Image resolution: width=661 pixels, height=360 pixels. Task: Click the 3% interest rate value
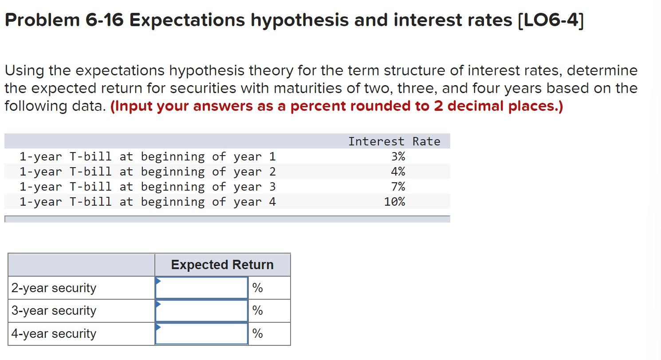(x=398, y=157)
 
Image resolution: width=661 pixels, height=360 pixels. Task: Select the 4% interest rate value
(x=398, y=172)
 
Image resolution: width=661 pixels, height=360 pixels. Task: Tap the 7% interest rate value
(x=398, y=187)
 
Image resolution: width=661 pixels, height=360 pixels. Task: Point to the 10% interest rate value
(x=394, y=202)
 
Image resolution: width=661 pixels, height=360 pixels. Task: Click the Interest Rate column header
(x=394, y=141)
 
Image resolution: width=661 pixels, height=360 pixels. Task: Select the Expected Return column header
(x=222, y=265)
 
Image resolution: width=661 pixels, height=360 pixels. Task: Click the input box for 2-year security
(x=201, y=288)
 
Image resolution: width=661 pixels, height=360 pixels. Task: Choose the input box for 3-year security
(x=201, y=311)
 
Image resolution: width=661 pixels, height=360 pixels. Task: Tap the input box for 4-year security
(x=201, y=334)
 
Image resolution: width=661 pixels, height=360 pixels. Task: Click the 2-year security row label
(x=54, y=288)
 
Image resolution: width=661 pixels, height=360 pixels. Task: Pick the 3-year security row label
(x=54, y=311)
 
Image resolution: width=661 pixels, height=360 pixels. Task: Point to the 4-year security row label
(x=54, y=334)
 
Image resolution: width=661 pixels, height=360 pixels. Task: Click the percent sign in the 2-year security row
(x=257, y=288)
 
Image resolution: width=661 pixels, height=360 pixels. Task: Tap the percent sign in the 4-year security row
(x=257, y=334)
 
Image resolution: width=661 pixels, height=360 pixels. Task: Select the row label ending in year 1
(x=147, y=157)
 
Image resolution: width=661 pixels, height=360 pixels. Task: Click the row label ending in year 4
(x=147, y=202)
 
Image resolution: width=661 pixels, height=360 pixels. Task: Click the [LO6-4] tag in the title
(x=551, y=20)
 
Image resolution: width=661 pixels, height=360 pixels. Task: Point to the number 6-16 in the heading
(x=104, y=20)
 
